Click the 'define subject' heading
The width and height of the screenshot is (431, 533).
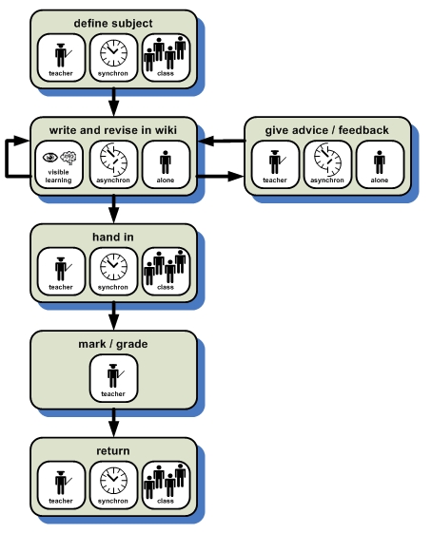click(113, 24)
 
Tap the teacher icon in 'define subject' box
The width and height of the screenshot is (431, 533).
click(62, 55)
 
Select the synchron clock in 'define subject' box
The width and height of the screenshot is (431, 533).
click(113, 52)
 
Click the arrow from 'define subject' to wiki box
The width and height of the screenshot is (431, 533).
click(114, 102)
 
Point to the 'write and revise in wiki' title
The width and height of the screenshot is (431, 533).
click(113, 130)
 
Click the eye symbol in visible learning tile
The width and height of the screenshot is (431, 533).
click(50, 157)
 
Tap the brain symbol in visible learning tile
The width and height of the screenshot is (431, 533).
click(69, 158)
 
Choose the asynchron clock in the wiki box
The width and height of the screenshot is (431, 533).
click(113, 159)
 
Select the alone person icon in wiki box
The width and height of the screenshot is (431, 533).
click(166, 162)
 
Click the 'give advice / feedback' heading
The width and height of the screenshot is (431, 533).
click(327, 130)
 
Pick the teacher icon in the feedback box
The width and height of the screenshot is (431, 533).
click(276, 162)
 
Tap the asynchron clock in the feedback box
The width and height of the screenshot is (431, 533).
click(327, 159)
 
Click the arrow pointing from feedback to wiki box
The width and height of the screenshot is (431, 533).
click(222, 141)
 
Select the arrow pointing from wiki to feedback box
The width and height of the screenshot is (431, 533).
click(221, 176)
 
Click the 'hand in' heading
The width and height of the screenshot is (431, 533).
click(113, 238)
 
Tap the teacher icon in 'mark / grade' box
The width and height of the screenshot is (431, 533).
click(114, 375)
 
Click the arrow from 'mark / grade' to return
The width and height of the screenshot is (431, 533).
click(114, 423)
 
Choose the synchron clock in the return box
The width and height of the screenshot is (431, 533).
click(113, 481)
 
